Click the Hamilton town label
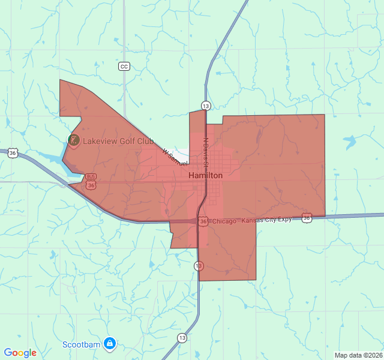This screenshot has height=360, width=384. [x=205, y=175]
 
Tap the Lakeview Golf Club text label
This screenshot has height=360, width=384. [x=118, y=141]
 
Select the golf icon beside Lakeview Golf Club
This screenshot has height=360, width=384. [x=74, y=140]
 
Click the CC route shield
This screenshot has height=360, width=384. [x=124, y=66]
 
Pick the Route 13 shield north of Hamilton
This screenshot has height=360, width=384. [x=206, y=106]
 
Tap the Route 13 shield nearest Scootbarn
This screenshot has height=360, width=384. [x=181, y=338]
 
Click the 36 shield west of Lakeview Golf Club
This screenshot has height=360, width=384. [x=13, y=154]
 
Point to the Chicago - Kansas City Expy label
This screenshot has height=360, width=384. [x=251, y=220]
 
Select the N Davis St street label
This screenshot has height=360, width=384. [x=205, y=152]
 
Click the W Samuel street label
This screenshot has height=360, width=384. [x=175, y=158]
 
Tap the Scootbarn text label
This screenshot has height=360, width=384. [x=82, y=344]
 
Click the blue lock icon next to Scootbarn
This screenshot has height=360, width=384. [x=109, y=344]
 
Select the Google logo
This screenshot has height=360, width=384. [x=20, y=353]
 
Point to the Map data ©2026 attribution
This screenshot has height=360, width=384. [x=358, y=355]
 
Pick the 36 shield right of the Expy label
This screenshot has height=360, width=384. [x=307, y=218]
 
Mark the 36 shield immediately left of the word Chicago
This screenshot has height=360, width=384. [x=203, y=221]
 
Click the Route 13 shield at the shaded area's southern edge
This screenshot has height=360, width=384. [x=199, y=265]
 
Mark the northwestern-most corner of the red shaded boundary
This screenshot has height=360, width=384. [x=60, y=80]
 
